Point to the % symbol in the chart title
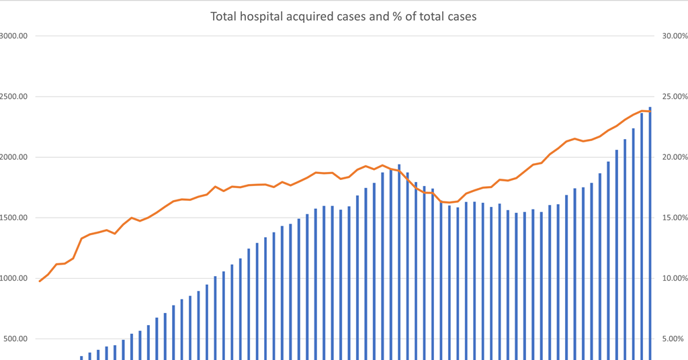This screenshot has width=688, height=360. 396,16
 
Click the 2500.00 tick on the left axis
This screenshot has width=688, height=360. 13,97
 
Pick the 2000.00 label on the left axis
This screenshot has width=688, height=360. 13,157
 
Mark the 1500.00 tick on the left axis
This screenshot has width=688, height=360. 13,218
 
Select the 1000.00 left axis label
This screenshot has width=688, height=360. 13,278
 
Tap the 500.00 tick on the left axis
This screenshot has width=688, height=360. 15,339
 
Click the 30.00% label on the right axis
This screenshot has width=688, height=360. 671,36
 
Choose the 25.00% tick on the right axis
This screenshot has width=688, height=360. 671,97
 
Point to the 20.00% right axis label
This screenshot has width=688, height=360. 671,157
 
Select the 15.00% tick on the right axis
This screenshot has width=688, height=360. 671,218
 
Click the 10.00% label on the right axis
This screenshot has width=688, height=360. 671,278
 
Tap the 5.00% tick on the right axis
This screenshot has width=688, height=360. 673,339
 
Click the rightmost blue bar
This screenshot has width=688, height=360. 650,235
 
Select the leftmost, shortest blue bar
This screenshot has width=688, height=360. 81,357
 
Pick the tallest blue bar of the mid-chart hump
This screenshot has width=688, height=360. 399,262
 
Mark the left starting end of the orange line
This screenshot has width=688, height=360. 40,281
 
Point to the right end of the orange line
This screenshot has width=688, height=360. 650,111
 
